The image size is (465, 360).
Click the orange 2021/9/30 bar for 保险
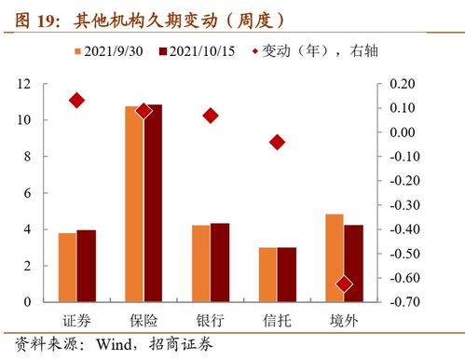[x=134, y=203]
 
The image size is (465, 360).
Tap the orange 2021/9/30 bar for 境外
[x=335, y=257]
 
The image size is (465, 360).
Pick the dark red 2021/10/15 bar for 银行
[x=220, y=262]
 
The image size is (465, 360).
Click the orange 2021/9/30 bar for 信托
[x=267, y=274]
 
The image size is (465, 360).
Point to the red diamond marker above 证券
[x=77, y=101]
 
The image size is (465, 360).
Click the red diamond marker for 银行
[x=211, y=116]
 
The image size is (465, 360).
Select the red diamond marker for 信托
[x=277, y=142]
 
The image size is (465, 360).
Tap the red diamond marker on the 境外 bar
[x=344, y=284]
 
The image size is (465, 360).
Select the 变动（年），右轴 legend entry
[x=312, y=50]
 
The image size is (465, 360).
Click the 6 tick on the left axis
[x=26, y=193]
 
